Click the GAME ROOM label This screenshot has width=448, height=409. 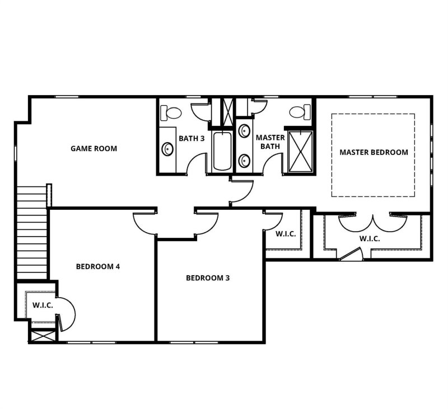tap(94, 148)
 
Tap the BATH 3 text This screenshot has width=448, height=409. tap(191, 138)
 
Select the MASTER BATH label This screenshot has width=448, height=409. tap(270, 142)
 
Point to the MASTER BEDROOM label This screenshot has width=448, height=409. tap(374, 152)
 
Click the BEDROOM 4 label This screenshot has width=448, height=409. tap(98, 266)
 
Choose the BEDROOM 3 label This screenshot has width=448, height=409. tap(208, 278)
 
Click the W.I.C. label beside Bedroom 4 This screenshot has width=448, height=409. tap(42, 305)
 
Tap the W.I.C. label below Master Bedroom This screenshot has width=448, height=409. tap(369, 238)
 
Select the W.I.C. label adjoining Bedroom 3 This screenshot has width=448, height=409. tap(285, 233)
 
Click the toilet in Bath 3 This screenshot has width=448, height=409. tap(171, 112)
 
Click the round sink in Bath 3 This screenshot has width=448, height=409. tap(167, 149)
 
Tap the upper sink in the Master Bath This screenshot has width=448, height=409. tap(245, 131)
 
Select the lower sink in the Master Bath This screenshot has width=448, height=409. tap(245, 161)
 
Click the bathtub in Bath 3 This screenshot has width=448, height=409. tap(221, 151)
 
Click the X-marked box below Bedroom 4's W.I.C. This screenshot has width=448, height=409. tap(42, 337)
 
